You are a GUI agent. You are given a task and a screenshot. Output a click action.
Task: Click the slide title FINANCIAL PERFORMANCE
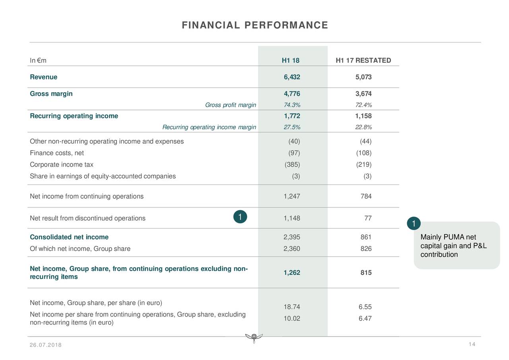coord(254,25)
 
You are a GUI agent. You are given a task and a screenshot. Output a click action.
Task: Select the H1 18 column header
coord(290,60)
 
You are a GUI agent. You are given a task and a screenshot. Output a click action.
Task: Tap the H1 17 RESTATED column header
coord(363,60)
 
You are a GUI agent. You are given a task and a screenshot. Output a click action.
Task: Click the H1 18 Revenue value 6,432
coord(292,77)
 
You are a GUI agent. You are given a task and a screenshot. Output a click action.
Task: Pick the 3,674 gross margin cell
coord(363,94)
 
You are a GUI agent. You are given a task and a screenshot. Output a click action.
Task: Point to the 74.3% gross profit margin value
coord(292,105)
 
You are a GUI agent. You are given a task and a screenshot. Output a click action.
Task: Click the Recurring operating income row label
coord(74,116)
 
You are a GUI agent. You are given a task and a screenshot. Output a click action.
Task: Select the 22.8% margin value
coord(363,127)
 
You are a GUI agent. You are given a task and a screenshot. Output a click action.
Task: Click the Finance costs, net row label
coord(57,153)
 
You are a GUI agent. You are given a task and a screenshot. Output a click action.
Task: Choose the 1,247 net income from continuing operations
coord(292,196)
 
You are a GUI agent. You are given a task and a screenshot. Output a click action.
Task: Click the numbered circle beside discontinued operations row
coord(240,217)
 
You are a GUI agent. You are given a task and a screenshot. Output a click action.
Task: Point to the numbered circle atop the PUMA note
coord(414,224)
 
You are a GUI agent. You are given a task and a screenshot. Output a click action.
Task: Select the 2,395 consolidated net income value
coord(292,237)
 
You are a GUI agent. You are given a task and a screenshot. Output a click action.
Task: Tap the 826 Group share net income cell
coord(366,249)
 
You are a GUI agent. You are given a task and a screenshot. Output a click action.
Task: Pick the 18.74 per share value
coord(292,307)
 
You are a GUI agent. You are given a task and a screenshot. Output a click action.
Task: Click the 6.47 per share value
coord(365,318)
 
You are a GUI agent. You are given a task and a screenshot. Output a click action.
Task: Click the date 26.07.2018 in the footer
coord(45,345)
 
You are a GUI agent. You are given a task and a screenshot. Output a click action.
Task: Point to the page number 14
coord(472,344)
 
